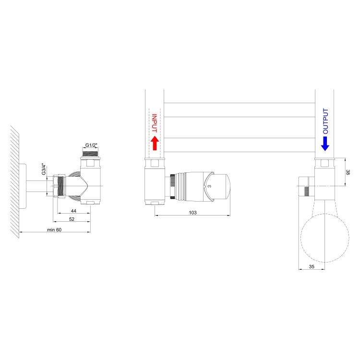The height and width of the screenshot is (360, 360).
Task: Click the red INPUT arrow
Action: point(155,143)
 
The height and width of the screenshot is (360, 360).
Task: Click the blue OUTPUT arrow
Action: point(325,144)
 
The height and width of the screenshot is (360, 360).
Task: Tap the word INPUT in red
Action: point(155,123)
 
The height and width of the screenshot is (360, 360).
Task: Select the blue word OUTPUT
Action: point(325,121)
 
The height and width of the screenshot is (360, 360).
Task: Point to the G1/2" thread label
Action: point(91,145)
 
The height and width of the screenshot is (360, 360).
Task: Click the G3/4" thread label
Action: point(44,169)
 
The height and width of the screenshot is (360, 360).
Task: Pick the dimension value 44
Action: point(73,211)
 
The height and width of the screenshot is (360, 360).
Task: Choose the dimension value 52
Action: point(72,219)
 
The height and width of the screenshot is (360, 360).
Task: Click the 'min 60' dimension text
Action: point(54,229)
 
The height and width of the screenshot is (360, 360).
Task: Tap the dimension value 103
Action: point(192,213)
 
